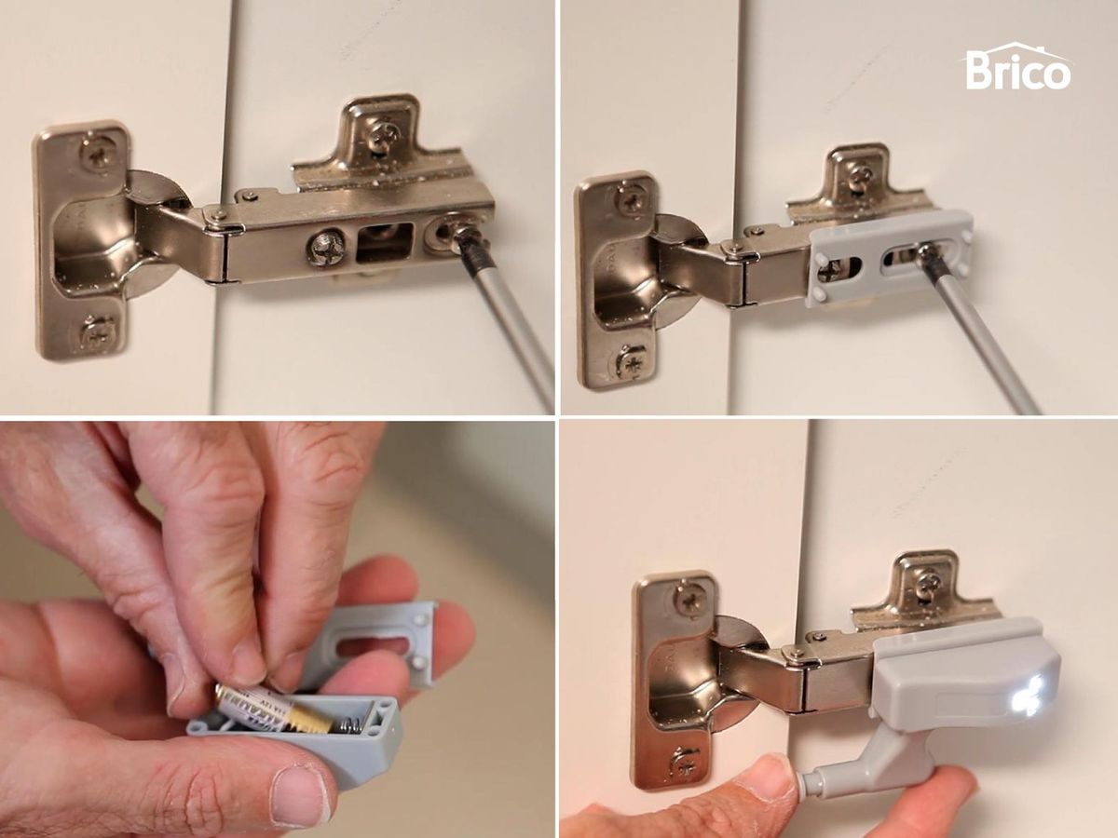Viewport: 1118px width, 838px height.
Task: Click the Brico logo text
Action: point(1017,71)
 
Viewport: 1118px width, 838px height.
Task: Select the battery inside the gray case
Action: point(270,710)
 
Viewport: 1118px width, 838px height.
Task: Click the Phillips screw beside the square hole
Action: point(325,249)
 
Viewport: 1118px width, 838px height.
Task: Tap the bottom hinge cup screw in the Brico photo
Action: point(630,360)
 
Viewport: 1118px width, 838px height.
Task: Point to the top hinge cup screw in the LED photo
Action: point(689,599)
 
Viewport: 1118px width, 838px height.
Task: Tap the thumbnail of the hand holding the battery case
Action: point(300,796)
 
